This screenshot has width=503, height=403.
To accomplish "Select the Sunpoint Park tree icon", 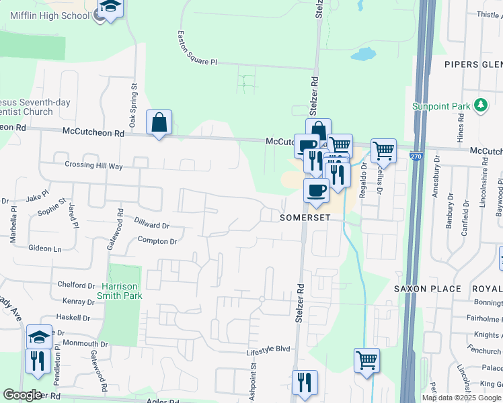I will pos(480,105).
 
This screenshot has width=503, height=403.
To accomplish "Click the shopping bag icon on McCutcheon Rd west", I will pos(159,122).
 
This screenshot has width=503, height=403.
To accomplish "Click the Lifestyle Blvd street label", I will pos(268,349).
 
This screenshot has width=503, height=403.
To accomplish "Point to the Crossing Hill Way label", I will pos(93,165).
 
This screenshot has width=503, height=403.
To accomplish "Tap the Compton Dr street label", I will pos(157,240).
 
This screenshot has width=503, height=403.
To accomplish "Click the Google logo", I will pos(22,395).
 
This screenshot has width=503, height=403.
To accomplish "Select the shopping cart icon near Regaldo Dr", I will pos(383,150).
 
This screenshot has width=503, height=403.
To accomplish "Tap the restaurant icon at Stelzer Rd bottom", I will pos(304,382).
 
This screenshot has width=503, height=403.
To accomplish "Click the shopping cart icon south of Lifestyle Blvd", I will pos(366,360).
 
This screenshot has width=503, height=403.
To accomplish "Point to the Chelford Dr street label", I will pos(76,285).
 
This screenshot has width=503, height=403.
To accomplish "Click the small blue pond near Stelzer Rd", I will pos(364,54).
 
